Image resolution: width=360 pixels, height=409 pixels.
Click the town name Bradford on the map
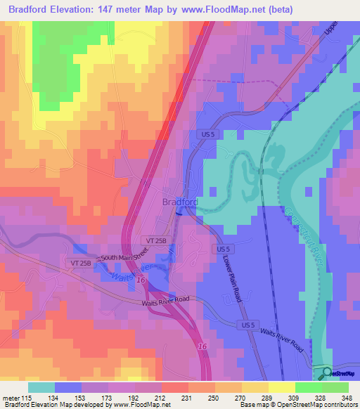coord(179,202)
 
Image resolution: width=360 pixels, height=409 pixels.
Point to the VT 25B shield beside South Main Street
coord(80,262)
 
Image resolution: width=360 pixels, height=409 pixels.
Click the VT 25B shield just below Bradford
coord(156,240)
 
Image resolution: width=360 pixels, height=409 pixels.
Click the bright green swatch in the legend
coord(308,387)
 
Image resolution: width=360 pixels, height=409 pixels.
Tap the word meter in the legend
coord(12,397)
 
